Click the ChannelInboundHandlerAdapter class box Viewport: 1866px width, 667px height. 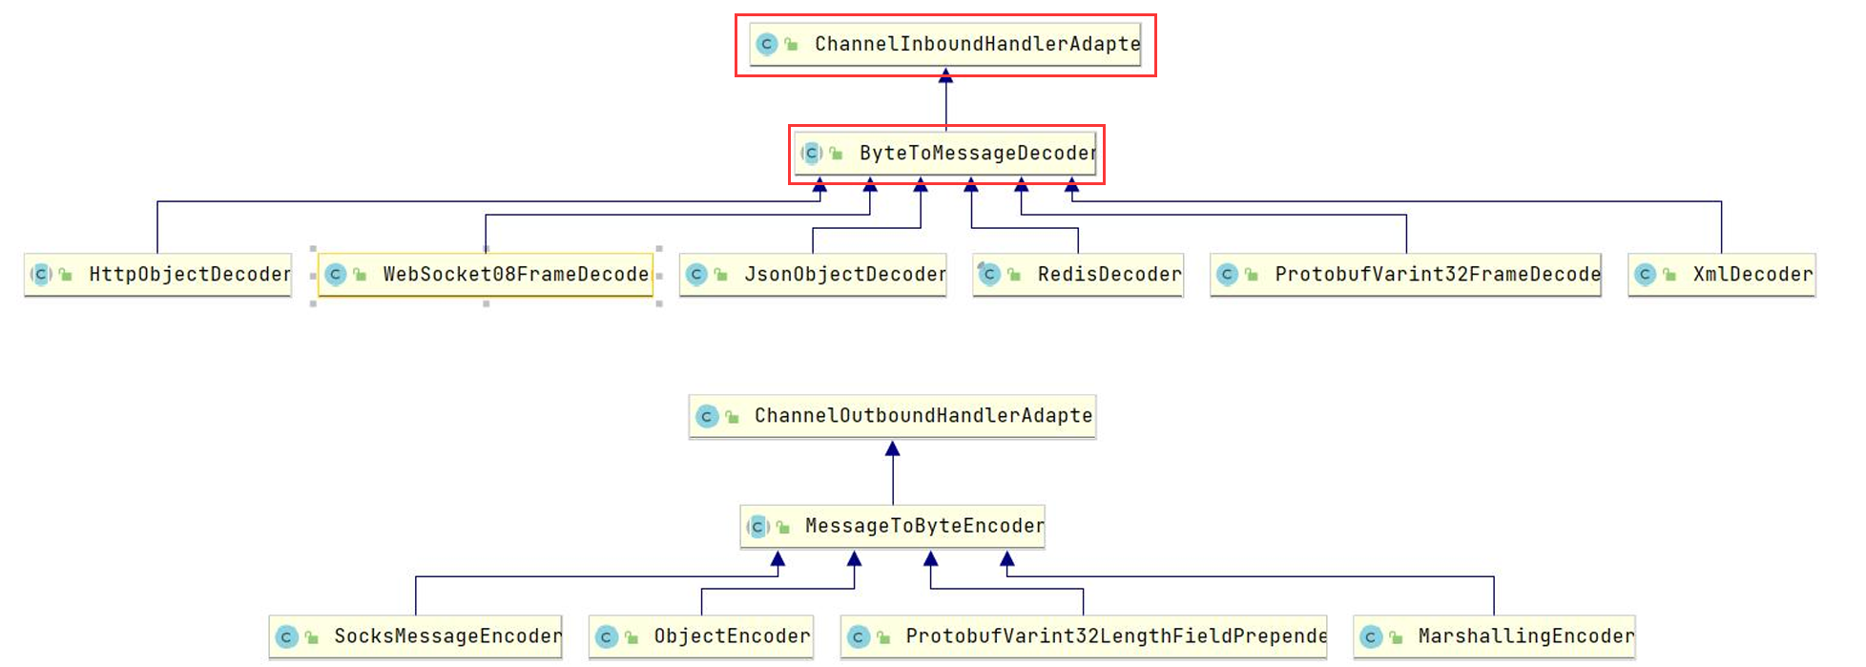click(x=945, y=44)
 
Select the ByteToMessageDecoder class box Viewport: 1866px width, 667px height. click(x=945, y=153)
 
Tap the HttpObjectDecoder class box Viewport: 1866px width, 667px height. click(x=158, y=275)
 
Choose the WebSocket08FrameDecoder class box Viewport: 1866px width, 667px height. click(x=486, y=275)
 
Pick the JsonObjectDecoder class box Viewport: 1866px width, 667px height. click(x=813, y=275)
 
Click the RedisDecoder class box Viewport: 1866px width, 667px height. click(x=1078, y=275)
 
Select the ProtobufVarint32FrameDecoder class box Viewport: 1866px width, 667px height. click(x=1405, y=275)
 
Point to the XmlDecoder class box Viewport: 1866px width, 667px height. click(x=1722, y=275)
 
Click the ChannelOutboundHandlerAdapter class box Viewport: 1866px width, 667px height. click(x=893, y=416)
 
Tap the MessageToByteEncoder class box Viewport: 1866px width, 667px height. click(x=893, y=526)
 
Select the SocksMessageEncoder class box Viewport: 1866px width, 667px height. click(x=416, y=636)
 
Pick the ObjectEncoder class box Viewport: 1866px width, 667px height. click(x=701, y=636)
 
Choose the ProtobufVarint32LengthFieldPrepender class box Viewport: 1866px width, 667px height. click(x=1084, y=636)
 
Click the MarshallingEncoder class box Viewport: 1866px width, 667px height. click(x=1494, y=636)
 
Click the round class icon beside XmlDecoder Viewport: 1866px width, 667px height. click(x=1645, y=275)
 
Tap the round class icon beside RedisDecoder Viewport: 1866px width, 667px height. click(x=989, y=275)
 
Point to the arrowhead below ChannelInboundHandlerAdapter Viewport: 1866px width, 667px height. click(x=945, y=75)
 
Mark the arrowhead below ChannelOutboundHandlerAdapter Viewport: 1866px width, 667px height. click(x=893, y=448)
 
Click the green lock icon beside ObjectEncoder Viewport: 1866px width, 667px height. click(x=631, y=636)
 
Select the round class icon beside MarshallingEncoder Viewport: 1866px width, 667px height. click(x=1371, y=636)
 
